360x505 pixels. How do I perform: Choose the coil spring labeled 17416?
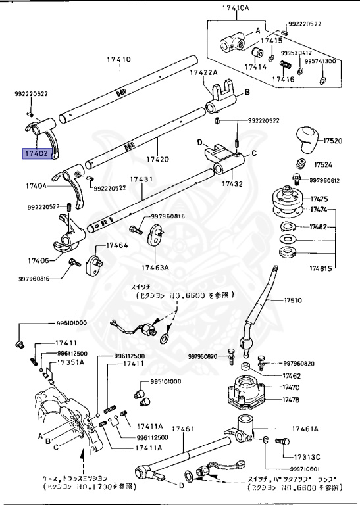pyautogui.click(x=286, y=66)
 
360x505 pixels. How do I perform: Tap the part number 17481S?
pyautogui.click(x=324, y=268)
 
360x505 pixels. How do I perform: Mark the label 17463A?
pyautogui.click(x=155, y=268)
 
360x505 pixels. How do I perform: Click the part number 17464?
pyautogui.click(x=116, y=245)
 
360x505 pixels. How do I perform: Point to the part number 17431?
pyautogui.click(x=141, y=179)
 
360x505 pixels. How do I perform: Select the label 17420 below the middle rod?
pyautogui.click(x=158, y=160)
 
